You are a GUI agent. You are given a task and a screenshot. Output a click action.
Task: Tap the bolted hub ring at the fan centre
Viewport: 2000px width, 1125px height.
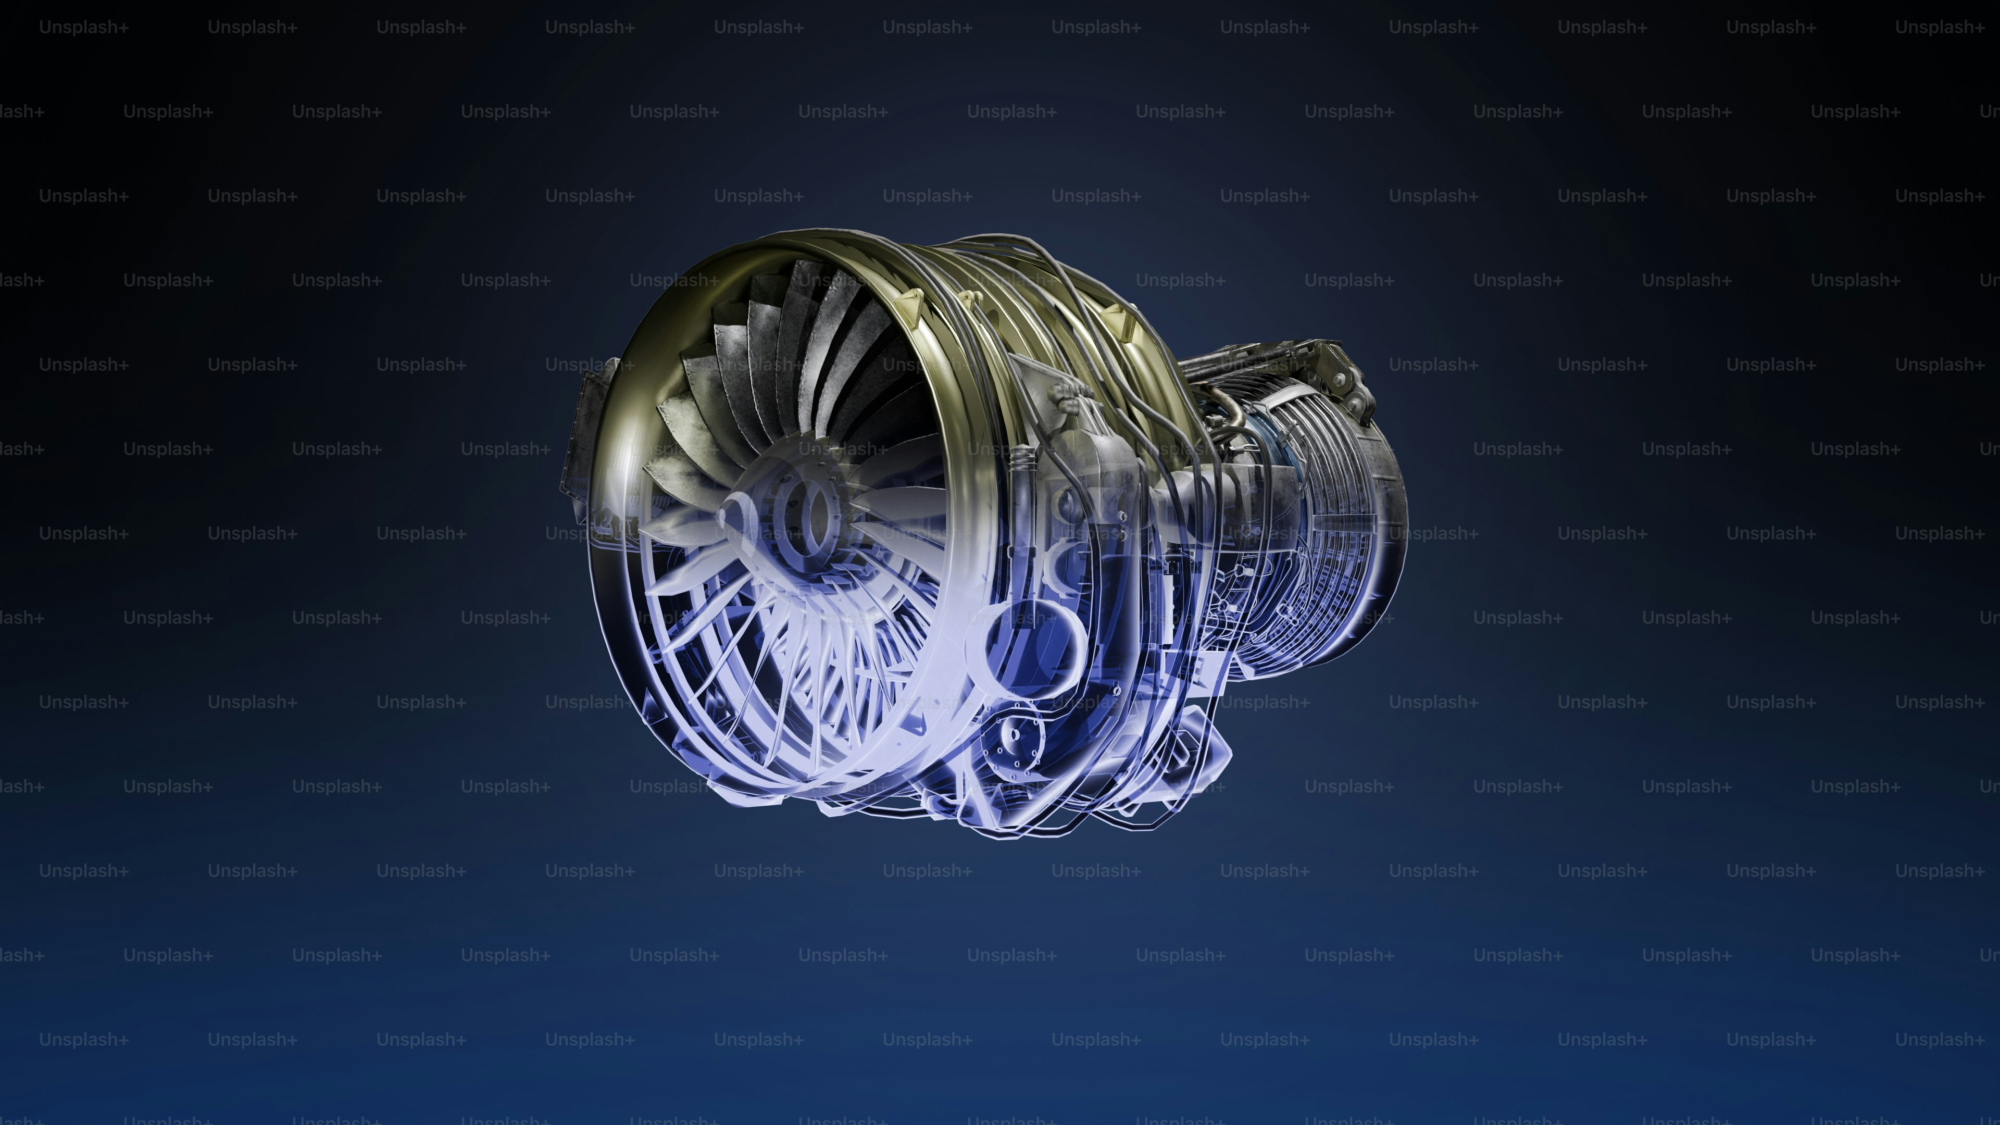799,516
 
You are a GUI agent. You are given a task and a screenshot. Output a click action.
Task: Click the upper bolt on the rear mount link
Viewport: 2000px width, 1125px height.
1339,379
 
